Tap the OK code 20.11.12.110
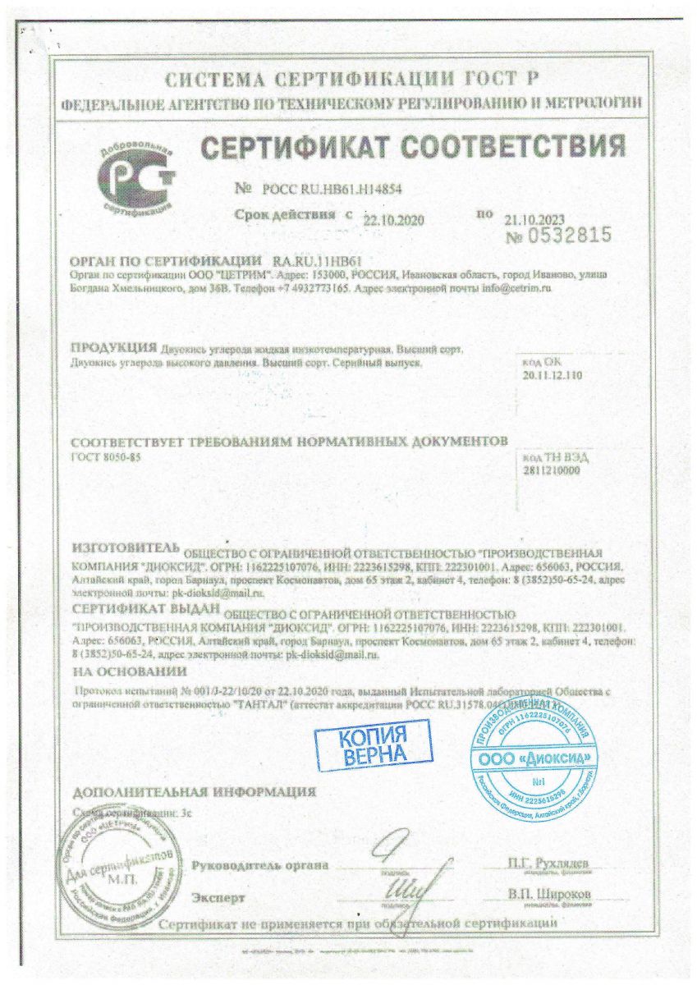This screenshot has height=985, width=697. point(551,375)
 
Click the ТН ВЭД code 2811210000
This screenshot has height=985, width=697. point(551,470)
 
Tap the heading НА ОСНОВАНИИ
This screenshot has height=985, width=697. point(122,671)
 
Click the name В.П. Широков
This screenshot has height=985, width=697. point(548,893)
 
